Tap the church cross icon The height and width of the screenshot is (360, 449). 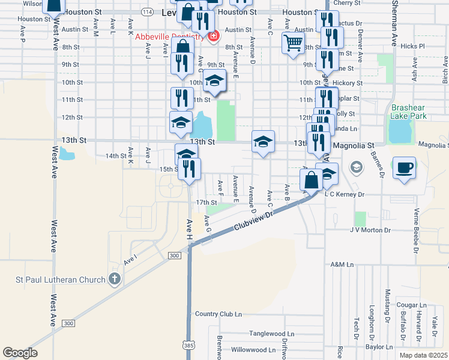tap(115, 279)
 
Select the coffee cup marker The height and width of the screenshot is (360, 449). tap(404, 167)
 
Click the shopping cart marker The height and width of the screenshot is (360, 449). tap(293, 43)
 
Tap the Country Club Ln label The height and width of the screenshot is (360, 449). tap(218, 314)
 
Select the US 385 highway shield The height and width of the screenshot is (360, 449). tap(189, 344)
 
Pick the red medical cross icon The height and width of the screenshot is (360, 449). tap(212, 37)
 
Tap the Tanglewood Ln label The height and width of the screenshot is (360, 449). tap(273, 334)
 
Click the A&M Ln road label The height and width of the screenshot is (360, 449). tap(342, 264)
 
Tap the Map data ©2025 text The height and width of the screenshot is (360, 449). tap(423, 355)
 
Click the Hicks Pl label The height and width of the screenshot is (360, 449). tap(412, 46)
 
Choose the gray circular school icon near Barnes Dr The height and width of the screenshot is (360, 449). tap(357, 167)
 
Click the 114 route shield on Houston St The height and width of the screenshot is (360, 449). tap(147, 11)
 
